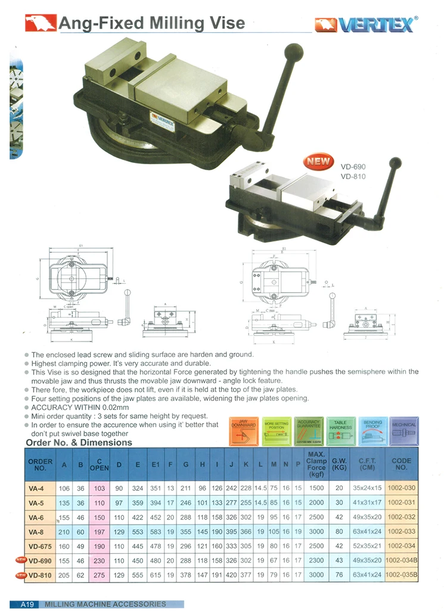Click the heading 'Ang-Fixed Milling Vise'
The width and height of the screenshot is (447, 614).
click(151, 23)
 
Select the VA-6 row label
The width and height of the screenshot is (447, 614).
click(40, 518)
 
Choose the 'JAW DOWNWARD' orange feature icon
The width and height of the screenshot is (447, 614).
click(244, 431)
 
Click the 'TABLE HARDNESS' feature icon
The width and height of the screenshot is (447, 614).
click(340, 431)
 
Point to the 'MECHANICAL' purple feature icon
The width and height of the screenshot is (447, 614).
click(404, 431)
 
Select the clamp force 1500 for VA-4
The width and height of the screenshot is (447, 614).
click(316, 488)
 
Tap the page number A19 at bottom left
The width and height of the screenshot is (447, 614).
click(29, 604)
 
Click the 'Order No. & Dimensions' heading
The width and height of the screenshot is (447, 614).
click(79, 443)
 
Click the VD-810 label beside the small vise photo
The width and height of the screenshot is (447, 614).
click(353, 176)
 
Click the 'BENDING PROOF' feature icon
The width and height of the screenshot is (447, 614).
click(372, 431)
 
